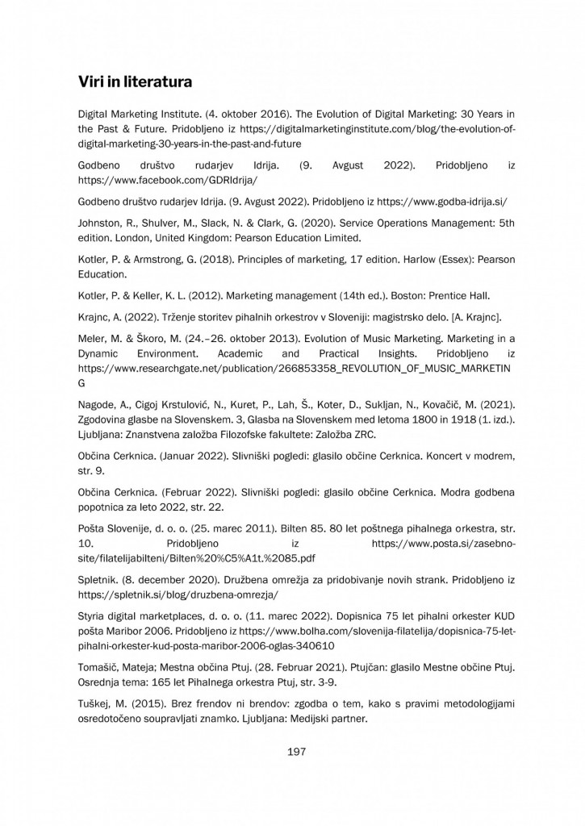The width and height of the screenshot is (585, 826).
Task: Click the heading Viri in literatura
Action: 134,81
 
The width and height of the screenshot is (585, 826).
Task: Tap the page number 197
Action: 296,752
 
